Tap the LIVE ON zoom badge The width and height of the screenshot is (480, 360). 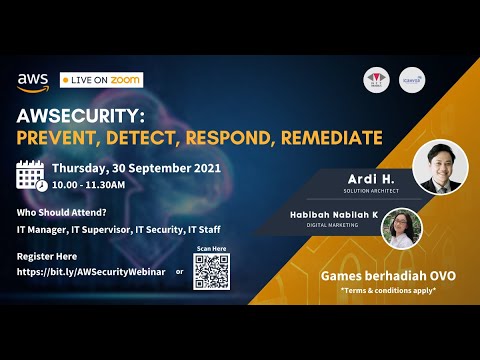tap(101, 79)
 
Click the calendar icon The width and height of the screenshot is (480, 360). tap(32, 175)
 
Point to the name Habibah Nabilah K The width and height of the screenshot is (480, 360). tap(323, 215)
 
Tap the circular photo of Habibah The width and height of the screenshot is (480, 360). tap(402, 227)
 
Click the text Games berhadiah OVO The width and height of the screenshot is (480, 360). tap(385, 276)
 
